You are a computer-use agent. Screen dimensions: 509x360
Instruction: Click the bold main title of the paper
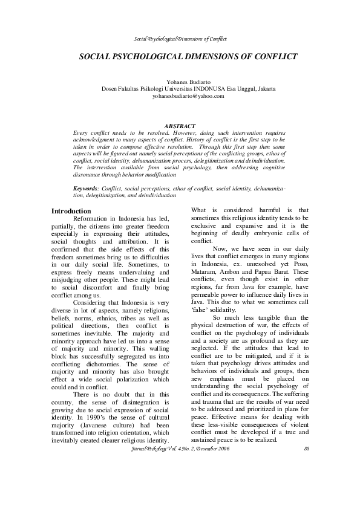(188, 56)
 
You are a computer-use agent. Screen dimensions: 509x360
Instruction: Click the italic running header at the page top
(180, 39)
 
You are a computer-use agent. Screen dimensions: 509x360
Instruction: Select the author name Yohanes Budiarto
(188, 82)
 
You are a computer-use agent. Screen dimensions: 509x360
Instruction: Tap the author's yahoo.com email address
(188, 96)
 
